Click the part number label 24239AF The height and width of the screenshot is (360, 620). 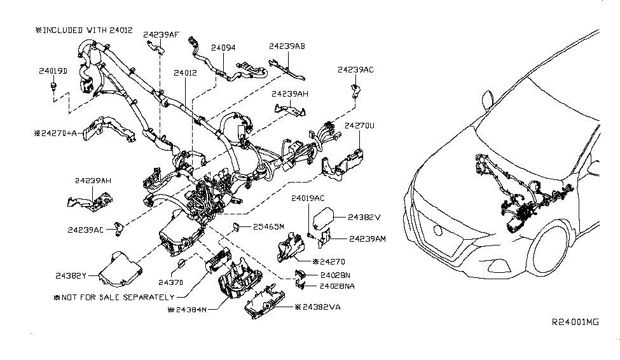161,34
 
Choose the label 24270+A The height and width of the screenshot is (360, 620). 65,134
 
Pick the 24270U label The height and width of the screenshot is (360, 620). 360,126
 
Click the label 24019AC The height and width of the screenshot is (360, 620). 308,199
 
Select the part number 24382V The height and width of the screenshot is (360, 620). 364,217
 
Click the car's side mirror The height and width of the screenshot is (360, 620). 488,99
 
